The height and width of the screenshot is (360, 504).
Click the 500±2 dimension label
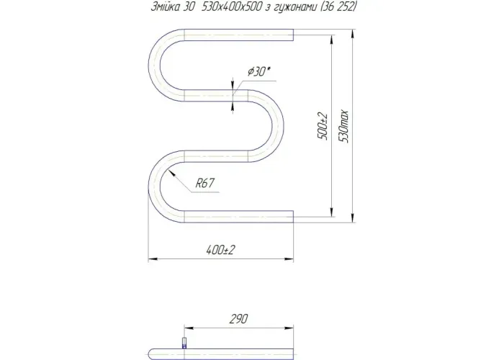[x=323, y=126]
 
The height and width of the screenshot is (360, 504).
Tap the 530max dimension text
[x=343, y=126]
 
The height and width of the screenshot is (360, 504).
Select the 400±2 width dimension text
[x=221, y=249]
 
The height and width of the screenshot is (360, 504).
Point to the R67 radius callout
[x=204, y=183]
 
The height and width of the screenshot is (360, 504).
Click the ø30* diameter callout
[x=258, y=71]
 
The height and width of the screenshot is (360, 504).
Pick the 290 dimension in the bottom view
[x=239, y=318]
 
